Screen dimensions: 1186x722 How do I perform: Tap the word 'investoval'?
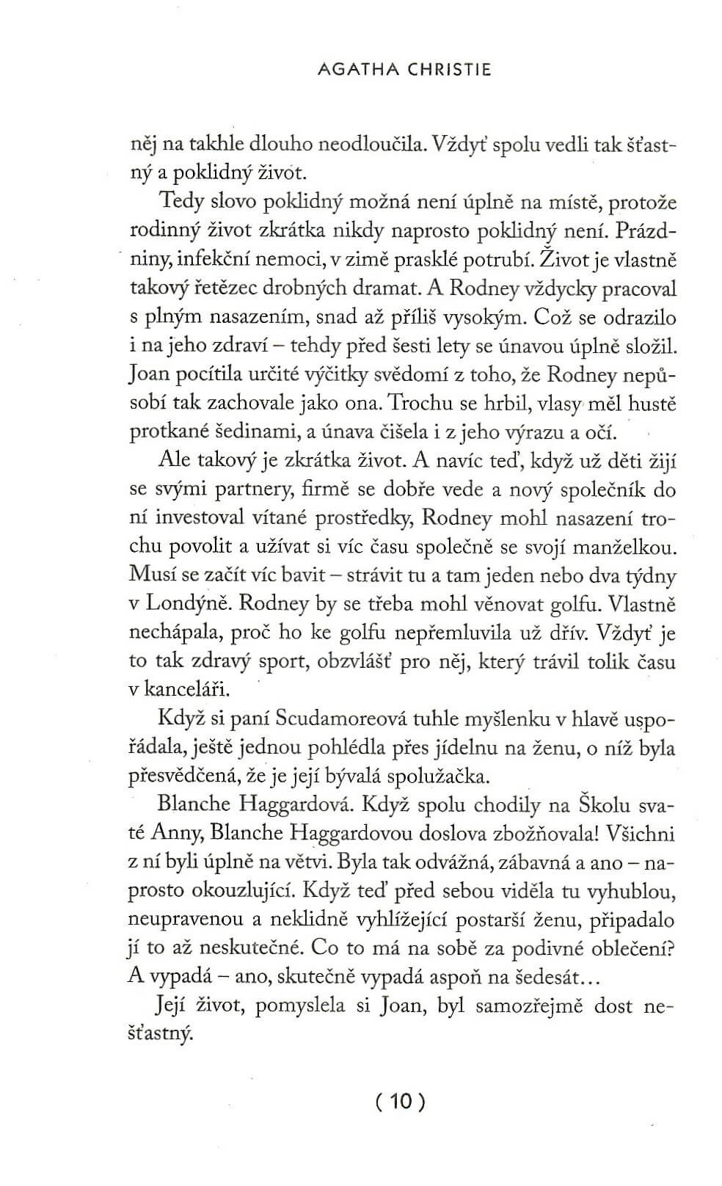[x=198, y=518]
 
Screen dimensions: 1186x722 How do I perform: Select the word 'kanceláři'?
[x=189, y=690]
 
